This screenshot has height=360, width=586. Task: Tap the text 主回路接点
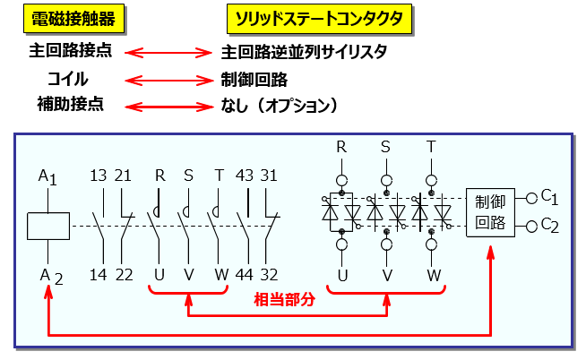tap(71, 51)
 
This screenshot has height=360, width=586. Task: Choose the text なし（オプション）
tap(279, 106)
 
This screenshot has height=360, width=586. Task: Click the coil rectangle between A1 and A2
tap(48, 226)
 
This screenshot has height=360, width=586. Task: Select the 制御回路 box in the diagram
tap(491, 213)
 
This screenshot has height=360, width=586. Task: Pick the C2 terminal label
tap(549, 227)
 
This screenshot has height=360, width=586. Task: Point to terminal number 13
tap(99, 176)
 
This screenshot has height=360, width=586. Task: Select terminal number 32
tap(269, 275)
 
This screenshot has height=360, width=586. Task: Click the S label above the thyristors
tap(386, 146)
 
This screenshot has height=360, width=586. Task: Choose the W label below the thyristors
tap(432, 275)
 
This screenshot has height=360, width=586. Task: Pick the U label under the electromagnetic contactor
tap(159, 275)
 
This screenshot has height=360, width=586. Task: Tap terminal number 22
tap(125, 275)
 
